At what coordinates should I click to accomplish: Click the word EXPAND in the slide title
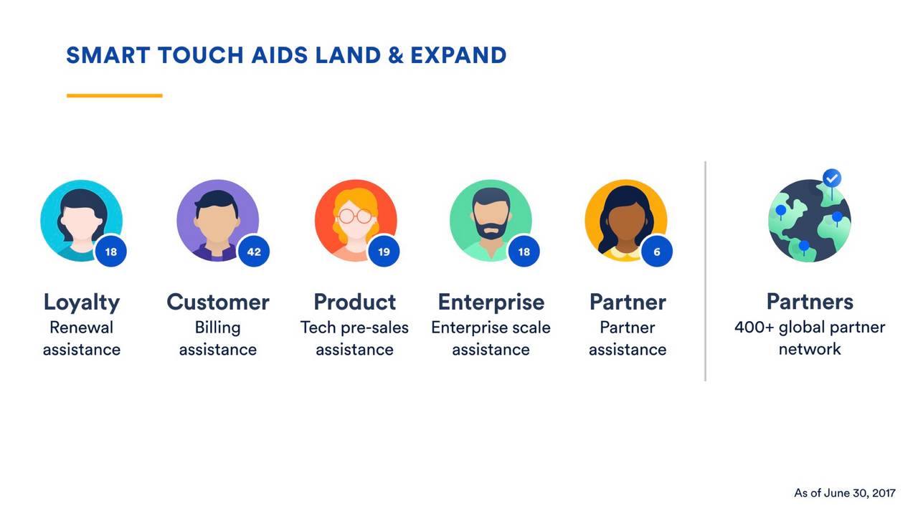458,55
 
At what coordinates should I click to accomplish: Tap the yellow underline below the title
114,95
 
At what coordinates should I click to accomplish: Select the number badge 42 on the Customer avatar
253,252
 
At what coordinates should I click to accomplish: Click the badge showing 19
384,252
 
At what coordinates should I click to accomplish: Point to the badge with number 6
656,252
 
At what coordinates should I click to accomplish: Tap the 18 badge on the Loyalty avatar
110,252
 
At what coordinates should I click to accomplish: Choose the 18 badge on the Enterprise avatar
524,252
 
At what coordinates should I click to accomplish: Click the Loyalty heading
81,302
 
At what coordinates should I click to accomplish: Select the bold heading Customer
217,302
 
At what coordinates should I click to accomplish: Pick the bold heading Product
354,302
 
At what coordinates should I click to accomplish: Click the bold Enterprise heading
491,302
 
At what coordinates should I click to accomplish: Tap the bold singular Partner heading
628,302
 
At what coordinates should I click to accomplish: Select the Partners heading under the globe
810,301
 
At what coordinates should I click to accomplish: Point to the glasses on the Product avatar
355,215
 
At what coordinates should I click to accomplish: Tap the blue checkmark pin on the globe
832,177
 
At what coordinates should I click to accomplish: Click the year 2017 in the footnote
884,493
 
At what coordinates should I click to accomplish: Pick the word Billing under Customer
217,328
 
